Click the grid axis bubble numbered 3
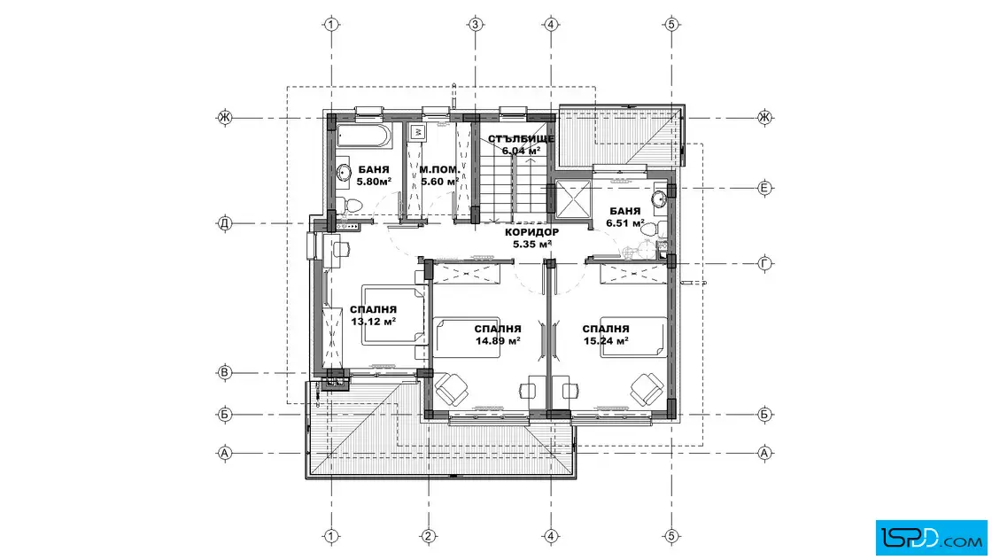(475, 25)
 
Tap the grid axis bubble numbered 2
(429, 537)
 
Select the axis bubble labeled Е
(765, 188)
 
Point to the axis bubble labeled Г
(765, 264)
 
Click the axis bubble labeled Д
(225, 223)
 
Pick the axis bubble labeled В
(225, 373)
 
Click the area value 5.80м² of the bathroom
(374, 182)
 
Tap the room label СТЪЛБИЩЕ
(522, 138)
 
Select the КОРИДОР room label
(532, 232)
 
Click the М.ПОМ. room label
(439, 169)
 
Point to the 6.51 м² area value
(625, 223)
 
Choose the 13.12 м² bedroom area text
(374, 322)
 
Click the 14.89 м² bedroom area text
(498, 341)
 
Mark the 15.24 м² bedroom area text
(606, 341)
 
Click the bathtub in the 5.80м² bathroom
(363, 136)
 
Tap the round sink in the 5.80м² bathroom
(345, 172)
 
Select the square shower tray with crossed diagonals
(572, 199)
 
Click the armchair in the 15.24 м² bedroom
(647, 388)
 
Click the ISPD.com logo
(931, 538)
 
